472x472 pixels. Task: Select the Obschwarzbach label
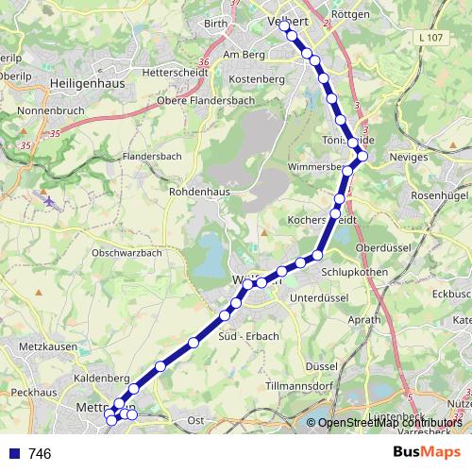click(126, 253)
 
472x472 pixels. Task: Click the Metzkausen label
click(45, 347)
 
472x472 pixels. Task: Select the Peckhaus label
click(34, 390)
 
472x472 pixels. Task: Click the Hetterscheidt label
click(172, 72)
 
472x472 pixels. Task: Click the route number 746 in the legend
click(40, 454)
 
